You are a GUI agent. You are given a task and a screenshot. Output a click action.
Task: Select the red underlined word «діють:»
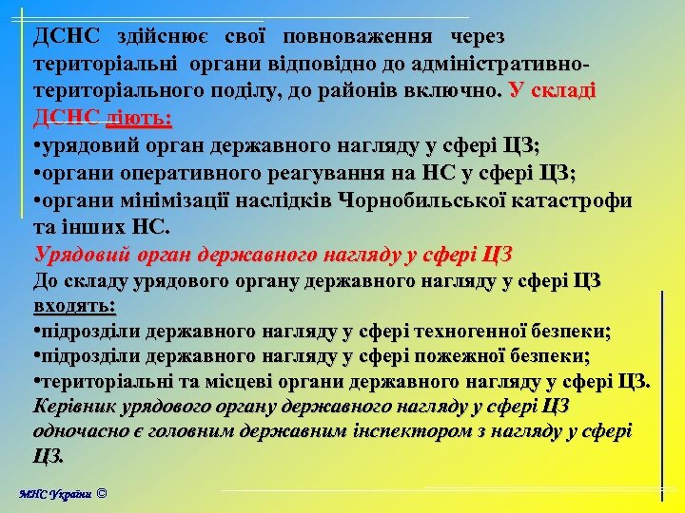point(139,119)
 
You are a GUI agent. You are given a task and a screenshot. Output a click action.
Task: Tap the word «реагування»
point(326,174)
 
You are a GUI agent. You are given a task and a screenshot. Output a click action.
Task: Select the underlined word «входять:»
point(74,306)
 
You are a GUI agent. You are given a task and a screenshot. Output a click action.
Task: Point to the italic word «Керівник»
point(74,407)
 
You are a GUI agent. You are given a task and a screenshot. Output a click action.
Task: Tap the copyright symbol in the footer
point(103,493)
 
